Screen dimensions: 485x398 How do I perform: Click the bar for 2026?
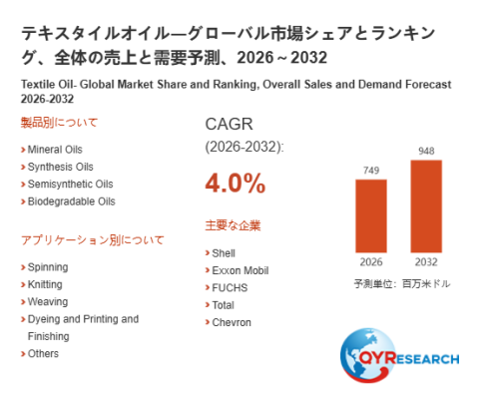(x=371, y=216)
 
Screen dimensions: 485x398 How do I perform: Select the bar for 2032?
(x=426, y=206)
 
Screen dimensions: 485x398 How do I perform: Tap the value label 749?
(x=371, y=171)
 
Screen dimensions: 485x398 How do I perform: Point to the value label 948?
(x=426, y=152)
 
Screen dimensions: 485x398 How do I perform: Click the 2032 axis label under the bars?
(x=426, y=262)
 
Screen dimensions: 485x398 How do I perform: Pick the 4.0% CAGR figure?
(x=236, y=184)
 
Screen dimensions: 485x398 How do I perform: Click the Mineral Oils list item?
(x=55, y=150)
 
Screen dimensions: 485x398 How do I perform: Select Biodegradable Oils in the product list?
(x=72, y=201)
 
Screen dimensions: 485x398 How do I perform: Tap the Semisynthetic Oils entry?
(x=71, y=185)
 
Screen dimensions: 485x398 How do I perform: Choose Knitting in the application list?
(x=45, y=285)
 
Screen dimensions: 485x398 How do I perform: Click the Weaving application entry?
(x=48, y=302)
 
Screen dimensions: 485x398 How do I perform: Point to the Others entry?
(x=43, y=354)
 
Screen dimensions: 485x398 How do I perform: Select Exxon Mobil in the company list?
(x=241, y=270)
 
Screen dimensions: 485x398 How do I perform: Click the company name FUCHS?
(x=230, y=288)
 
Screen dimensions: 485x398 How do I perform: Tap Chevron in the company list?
(x=232, y=322)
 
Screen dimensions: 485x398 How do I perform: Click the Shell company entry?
(x=224, y=253)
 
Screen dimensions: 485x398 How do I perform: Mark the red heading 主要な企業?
(x=233, y=225)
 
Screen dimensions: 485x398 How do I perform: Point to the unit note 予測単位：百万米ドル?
(x=402, y=284)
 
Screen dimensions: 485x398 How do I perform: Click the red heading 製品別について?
(x=59, y=123)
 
